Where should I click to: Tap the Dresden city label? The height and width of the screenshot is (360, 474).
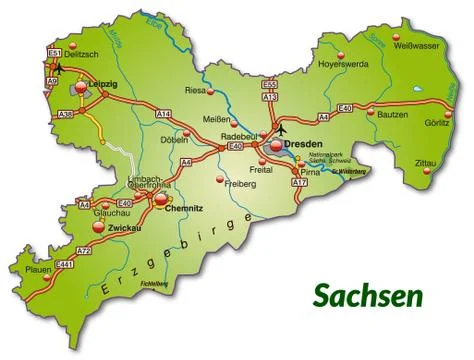click(303, 145)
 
